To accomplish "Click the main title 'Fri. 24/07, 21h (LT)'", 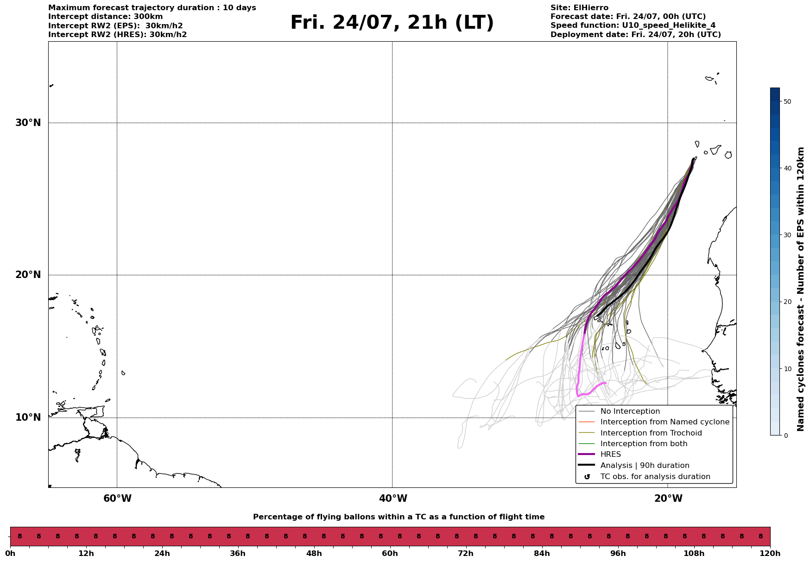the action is point(392,23).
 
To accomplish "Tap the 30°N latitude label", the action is point(28,123).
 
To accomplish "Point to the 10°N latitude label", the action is point(28,417).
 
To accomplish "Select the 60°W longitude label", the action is point(117,499).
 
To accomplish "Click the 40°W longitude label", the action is point(393,499).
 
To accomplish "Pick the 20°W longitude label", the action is point(668,499).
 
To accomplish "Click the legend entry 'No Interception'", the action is point(630,411).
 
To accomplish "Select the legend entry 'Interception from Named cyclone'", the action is point(665,422).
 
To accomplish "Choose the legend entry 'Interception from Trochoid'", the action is point(651,433).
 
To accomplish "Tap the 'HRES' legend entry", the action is point(611,455).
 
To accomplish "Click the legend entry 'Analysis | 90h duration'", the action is point(645,466).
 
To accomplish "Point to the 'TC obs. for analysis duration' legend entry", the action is point(655,477).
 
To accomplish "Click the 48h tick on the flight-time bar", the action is point(314,553).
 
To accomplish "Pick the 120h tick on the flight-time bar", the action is point(770,553).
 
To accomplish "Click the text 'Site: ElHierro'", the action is point(579,8).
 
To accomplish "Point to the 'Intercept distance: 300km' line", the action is point(106,17).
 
